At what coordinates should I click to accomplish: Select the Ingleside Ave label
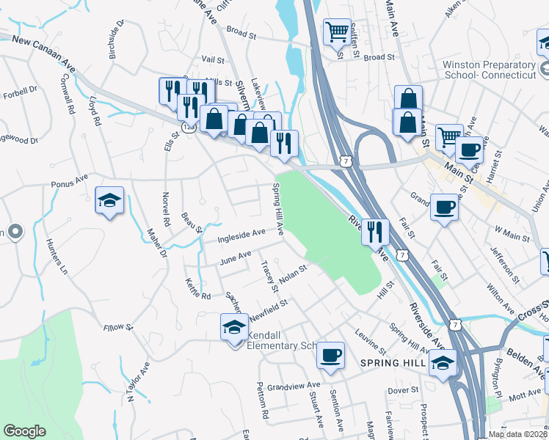(x=241, y=235)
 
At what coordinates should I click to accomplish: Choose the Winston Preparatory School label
(x=489, y=70)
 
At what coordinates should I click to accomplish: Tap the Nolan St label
(x=291, y=272)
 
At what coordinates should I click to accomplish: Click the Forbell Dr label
(x=20, y=94)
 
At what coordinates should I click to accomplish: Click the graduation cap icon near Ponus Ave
(x=109, y=200)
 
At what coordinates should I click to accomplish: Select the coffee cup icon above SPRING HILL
(x=331, y=356)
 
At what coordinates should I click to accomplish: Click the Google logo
(x=24, y=431)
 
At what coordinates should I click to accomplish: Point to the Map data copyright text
(x=518, y=434)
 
